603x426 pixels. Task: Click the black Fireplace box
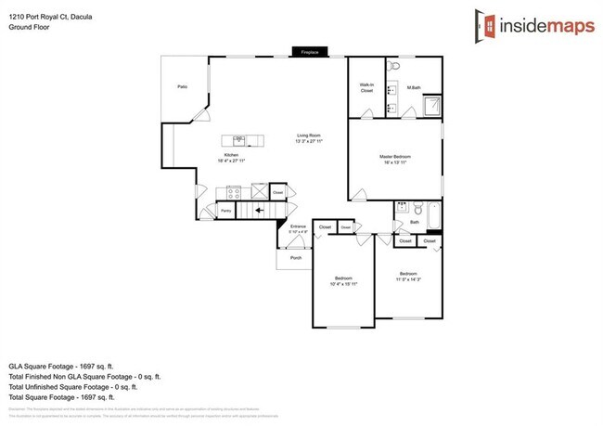pyautogui.click(x=310, y=53)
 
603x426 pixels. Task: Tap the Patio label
pyautogui.click(x=183, y=87)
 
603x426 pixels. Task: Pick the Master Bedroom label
pyautogui.click(x=395, y=157)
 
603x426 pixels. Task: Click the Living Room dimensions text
pyautogui.click(x=309, y=142)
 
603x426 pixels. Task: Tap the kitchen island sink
pyautogui.click(x=238, y=139)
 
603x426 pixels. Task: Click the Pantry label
pyautogui.click(x=225, y=212)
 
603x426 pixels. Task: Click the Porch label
pyautogui.click(x=296, y=257)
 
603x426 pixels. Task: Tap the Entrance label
pyautogui.click(x=298, y=226)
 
